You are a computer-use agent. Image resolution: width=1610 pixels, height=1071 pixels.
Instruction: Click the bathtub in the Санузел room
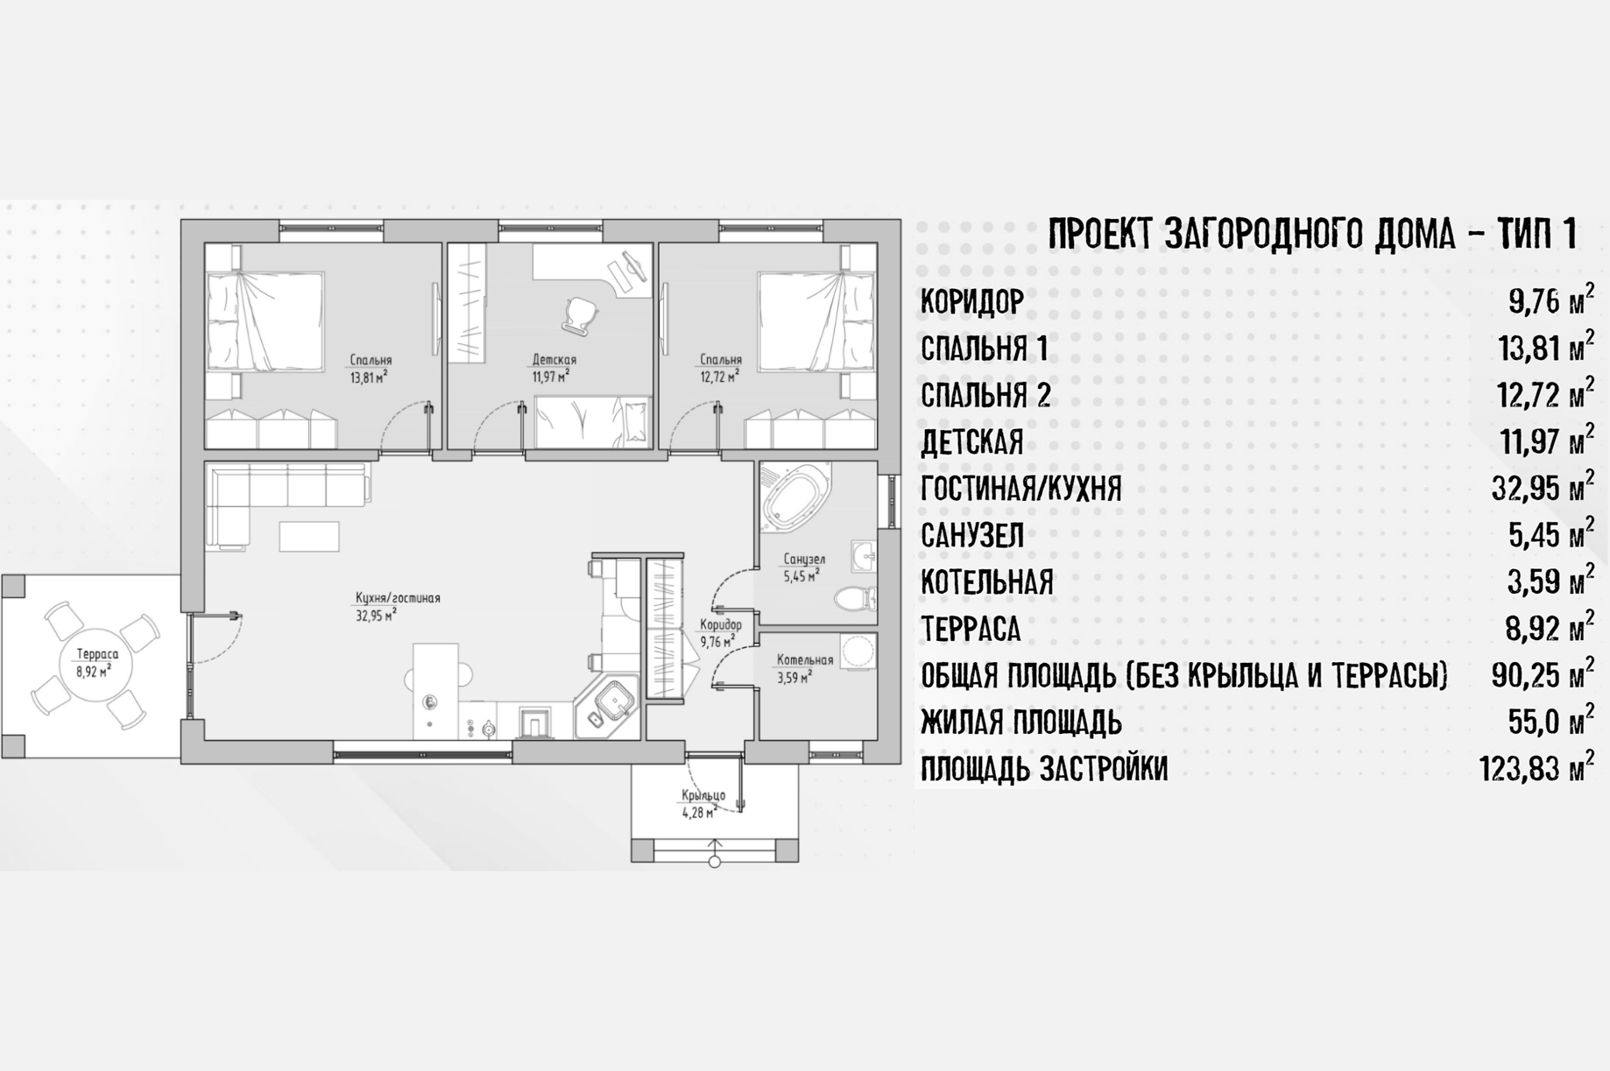[x=796, y=497]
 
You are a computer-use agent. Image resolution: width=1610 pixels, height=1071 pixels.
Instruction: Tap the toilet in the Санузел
[x=855, y=599]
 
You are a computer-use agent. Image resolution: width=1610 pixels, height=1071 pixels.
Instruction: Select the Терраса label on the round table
[x=97, y=654]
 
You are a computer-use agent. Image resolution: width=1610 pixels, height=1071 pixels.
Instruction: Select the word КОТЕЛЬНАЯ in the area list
[x=987, y=582]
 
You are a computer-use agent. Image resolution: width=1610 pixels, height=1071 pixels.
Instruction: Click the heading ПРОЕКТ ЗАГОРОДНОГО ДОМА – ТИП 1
[x=1312, y=234]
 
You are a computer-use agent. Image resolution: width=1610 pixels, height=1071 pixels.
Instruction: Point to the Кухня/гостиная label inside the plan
[x=398, y=598]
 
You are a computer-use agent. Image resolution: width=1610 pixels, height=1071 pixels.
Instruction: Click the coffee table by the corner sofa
[x=309, y=537]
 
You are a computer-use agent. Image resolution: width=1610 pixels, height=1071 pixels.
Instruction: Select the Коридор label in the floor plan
[x=720, y=624]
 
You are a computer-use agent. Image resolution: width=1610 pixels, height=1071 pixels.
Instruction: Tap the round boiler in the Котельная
[x=858, y=652]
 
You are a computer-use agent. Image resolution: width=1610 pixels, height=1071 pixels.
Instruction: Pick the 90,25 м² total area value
[x=1543, y=674]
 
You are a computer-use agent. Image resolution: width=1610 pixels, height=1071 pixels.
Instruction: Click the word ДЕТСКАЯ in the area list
[x=971, y=442]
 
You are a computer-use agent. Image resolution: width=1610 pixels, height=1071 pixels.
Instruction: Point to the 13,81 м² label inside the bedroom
[x=369, y=377]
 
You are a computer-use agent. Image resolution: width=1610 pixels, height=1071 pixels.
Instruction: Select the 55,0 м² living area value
[x=1551, y=722]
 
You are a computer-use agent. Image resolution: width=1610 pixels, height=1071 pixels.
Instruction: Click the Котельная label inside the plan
[x=805, y=660]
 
